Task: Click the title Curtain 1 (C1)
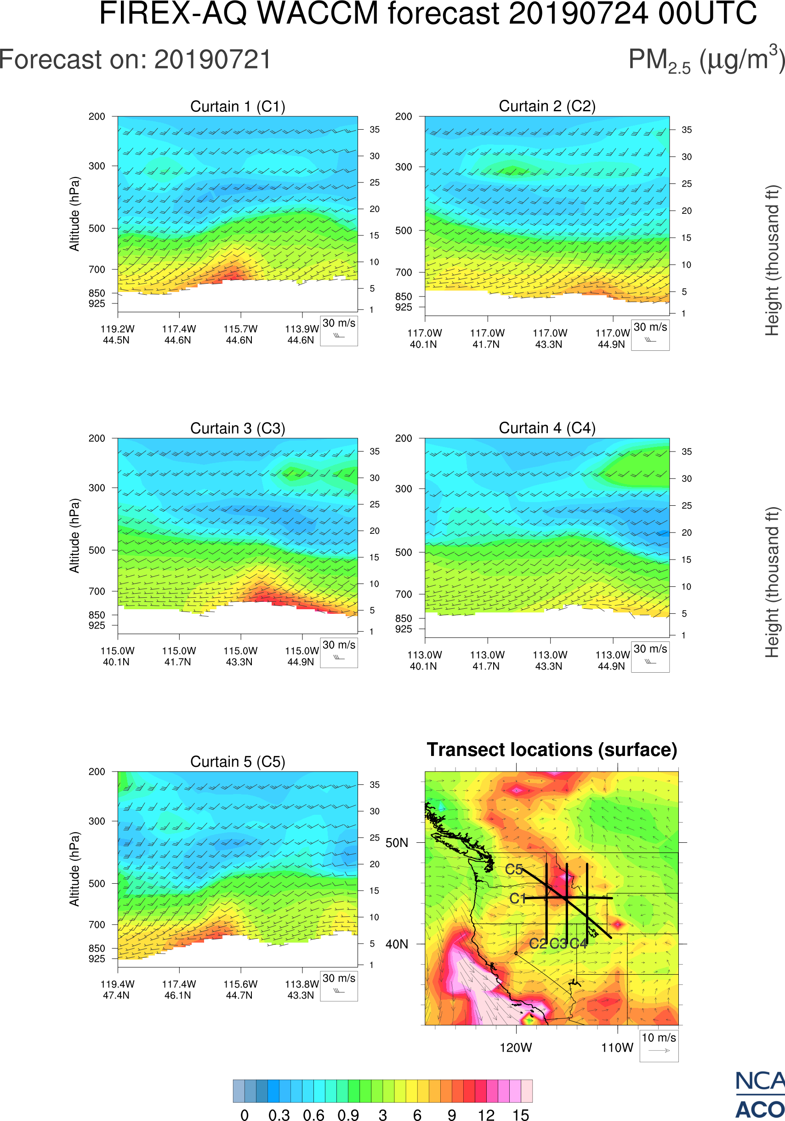(238, 106)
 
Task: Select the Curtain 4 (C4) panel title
(547, 428)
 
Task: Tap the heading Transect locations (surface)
(552, 750)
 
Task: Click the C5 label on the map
(514, 869)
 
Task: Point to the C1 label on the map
(517, 898)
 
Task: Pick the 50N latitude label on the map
(397, 843)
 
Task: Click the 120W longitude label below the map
(516, 1048)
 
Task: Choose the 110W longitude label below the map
(617, 1048)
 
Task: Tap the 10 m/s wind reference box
(659, 1045)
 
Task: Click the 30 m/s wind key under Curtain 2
(650, 334)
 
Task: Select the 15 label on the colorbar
(521, 1115)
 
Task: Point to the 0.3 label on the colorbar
(279, 1115)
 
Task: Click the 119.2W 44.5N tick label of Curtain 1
(117, 334)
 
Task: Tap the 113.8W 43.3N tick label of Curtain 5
(301, 989)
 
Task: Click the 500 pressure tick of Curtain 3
(97, 550)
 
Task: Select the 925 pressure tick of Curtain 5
(97, 959)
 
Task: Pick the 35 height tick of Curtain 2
(687, 130)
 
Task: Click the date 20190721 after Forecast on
(213, 60)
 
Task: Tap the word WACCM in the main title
(318, 13)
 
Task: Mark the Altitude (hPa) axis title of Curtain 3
(74, 536)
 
